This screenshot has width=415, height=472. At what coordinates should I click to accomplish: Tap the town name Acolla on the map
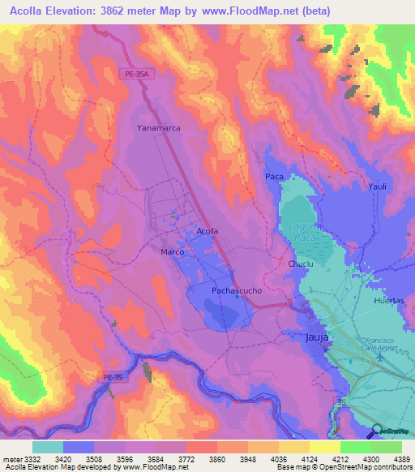click(207, 231)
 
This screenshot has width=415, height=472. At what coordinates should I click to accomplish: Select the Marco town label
click(172, 252)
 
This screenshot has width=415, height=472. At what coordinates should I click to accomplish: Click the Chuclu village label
click(300, 264)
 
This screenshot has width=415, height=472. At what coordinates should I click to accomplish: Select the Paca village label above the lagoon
click(274, 176)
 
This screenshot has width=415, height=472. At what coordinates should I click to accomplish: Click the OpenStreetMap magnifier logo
click(376, 431)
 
